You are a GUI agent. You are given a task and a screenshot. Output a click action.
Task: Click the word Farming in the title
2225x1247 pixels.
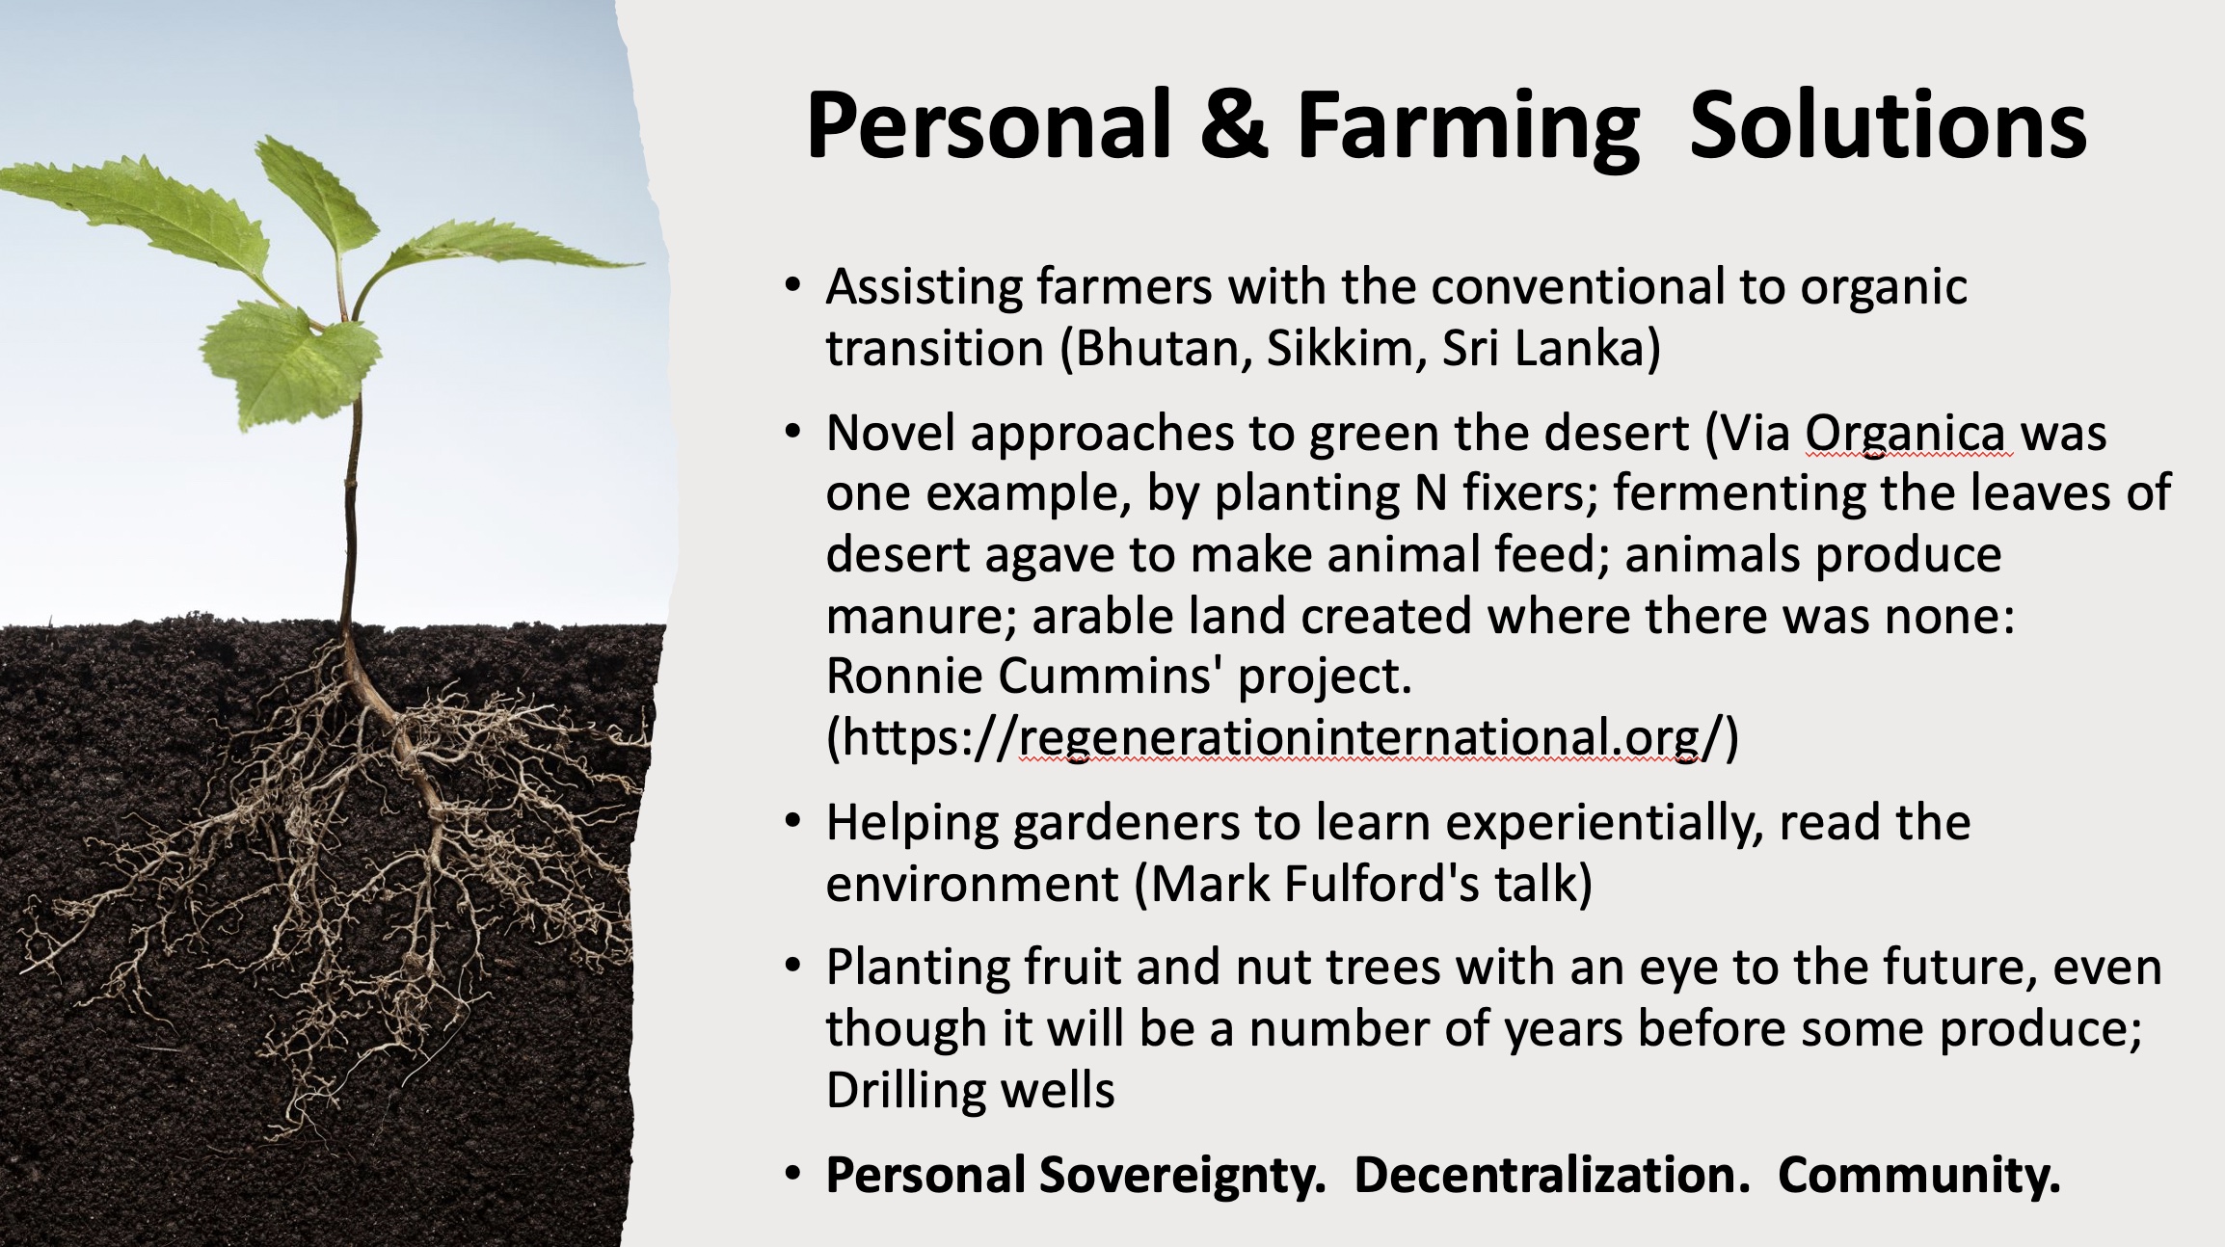[x=1468, y=128]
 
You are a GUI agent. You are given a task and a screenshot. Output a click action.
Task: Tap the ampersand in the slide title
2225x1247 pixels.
[x=1234, y=125]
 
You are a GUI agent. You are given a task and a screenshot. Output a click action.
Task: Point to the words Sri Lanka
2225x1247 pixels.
[x=1550, y=349]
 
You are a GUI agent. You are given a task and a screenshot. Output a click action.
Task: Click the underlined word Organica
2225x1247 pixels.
[x=1908, y=435]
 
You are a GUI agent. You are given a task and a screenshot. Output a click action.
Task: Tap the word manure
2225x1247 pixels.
[x=923, y=617]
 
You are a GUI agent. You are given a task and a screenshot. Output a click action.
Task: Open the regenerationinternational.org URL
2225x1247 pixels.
[x=1282, y=738]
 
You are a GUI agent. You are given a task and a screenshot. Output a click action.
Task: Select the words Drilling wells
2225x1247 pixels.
[x=971, y=1091]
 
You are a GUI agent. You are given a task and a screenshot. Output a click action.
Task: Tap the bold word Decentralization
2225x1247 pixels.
[x=1552, y=1175]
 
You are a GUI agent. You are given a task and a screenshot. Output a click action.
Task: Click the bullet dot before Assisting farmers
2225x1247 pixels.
[x=792, y=286]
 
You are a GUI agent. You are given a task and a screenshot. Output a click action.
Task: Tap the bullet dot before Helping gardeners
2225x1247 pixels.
[x=792, y=823]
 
